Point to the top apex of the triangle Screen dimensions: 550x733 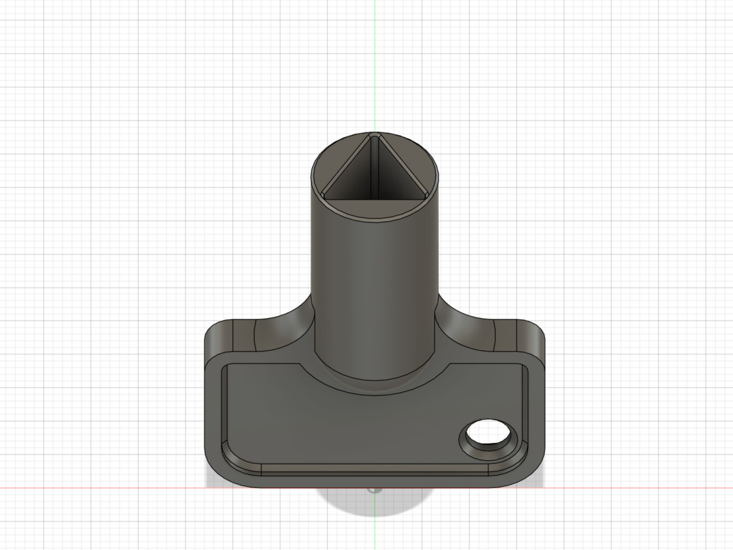[x=374, y=136]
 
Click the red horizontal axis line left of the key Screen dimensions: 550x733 [x=105, y=488]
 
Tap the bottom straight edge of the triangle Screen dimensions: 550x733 [x=374, y=199]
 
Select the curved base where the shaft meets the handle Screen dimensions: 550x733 [x=374, y=387]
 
